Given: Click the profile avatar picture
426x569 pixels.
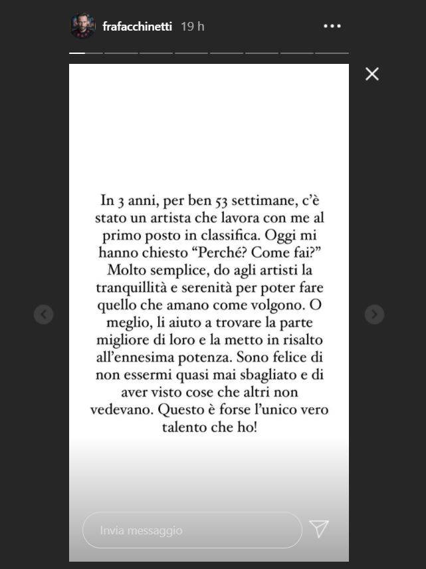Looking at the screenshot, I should [x=83, y=27].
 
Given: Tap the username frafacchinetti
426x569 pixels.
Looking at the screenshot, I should [x=138, y=27].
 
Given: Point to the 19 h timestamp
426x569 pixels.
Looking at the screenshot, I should [x=192, y=27].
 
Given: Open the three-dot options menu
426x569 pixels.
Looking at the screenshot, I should [x=332, y=27].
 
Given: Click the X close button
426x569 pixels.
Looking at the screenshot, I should [x=372, y=74].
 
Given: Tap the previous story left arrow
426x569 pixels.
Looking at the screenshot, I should [x=44, y=314].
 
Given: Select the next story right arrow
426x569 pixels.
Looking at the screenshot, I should [x=374, y=314].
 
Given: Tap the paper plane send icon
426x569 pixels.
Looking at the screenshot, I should [x=319, y=529].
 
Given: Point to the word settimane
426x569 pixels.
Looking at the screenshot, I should [x=241, y=200].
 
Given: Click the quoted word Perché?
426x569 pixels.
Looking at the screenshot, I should [x=226, y=252].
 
